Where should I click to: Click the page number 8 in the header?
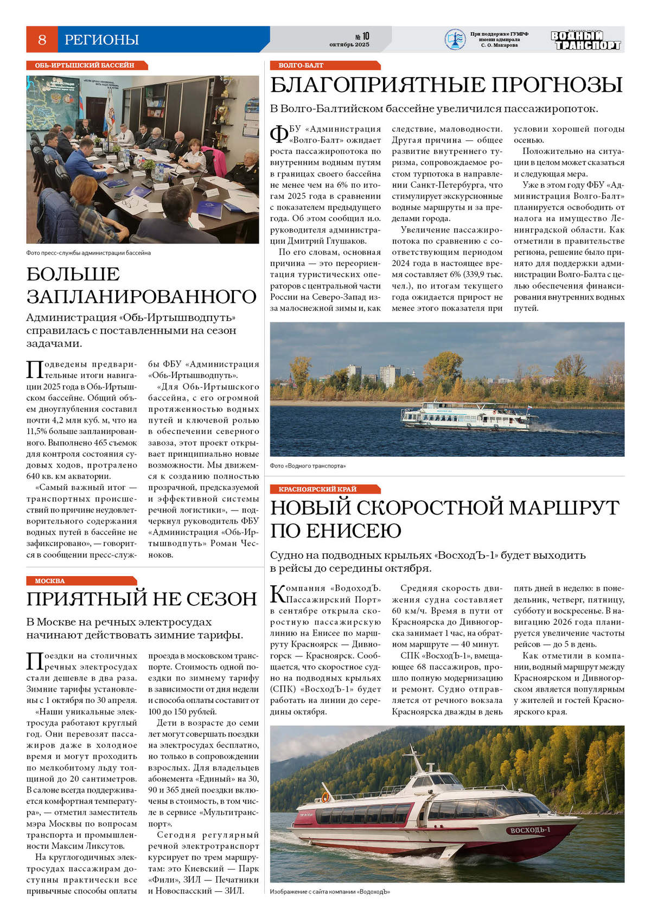(x=42, y=40)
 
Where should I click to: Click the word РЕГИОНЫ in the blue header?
(x=101, y=40)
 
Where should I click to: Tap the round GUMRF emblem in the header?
(x=455, y=40)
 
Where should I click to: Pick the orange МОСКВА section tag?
(x=50, y=580)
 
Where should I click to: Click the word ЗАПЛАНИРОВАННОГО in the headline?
(x=142, y=297)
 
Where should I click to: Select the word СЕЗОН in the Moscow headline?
(x=223, y=599)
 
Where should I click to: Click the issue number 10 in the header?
(x=366, y=36)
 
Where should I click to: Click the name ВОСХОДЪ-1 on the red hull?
(x=530, y=830)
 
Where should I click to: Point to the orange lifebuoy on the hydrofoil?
(x=325, y=797)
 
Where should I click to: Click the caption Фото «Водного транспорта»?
(x=308, y=466)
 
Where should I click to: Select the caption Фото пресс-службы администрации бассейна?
(x=88, y=253)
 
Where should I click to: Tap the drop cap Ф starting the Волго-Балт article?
(x=279, y=135)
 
